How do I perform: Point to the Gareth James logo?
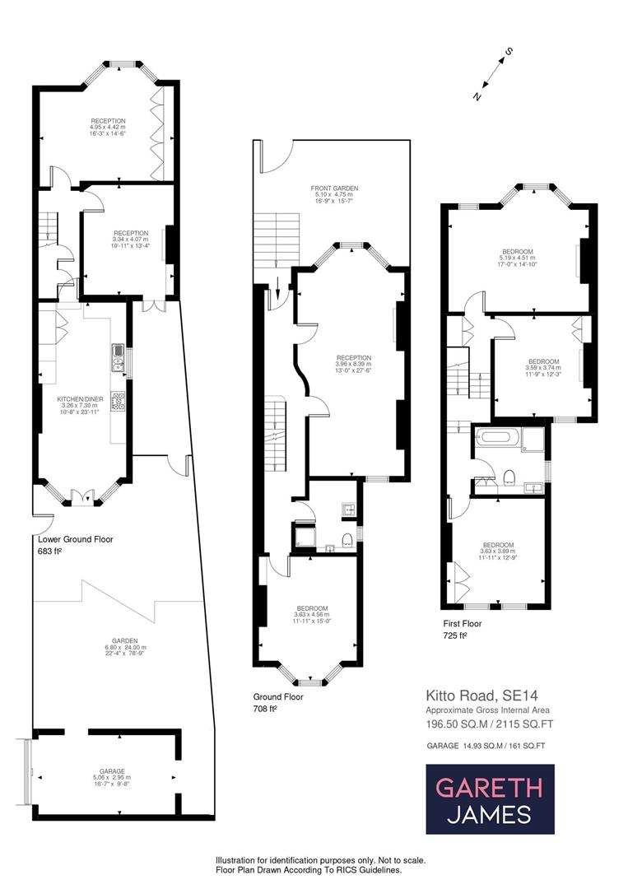pos(490,799)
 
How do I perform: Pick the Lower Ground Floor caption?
pos(76,540)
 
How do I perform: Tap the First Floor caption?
pos(461,623)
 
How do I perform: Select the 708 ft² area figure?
pos(266,708)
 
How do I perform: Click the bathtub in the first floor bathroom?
pos(497,438)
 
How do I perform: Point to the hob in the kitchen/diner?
pos(118,401)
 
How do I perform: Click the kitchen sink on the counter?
pos(118,356)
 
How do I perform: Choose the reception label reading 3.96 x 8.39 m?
pos(353,363)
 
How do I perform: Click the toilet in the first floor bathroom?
pos(509,475)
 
